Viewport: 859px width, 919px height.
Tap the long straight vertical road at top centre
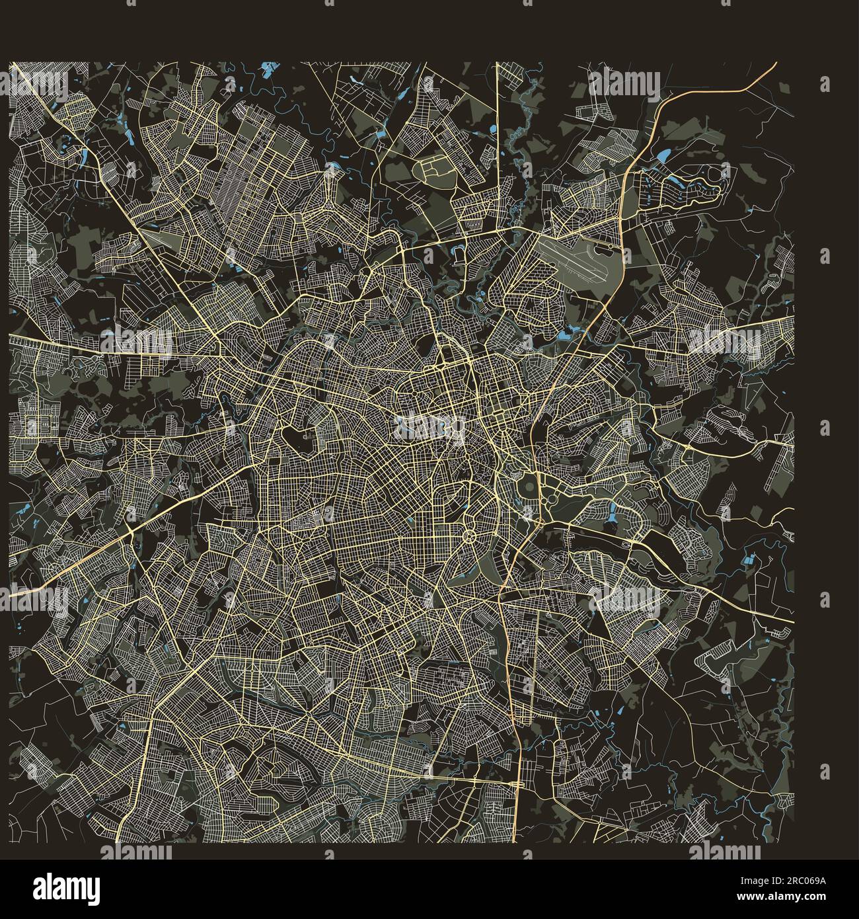497,145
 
